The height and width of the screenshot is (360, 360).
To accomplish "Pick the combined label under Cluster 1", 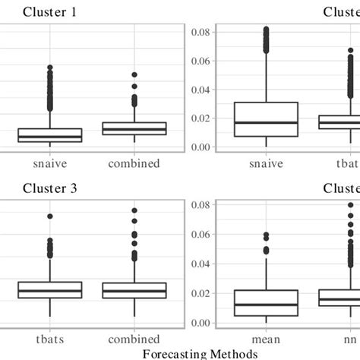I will (134, 163).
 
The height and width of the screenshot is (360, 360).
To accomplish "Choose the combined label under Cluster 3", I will (134, 338).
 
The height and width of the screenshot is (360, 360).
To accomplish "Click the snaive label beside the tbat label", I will (266, 163).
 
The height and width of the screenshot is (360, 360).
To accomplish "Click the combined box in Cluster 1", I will (134, 128).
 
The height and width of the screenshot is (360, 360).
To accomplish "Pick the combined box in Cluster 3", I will (134, 290).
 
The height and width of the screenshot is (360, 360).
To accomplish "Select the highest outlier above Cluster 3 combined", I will (134, 210).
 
